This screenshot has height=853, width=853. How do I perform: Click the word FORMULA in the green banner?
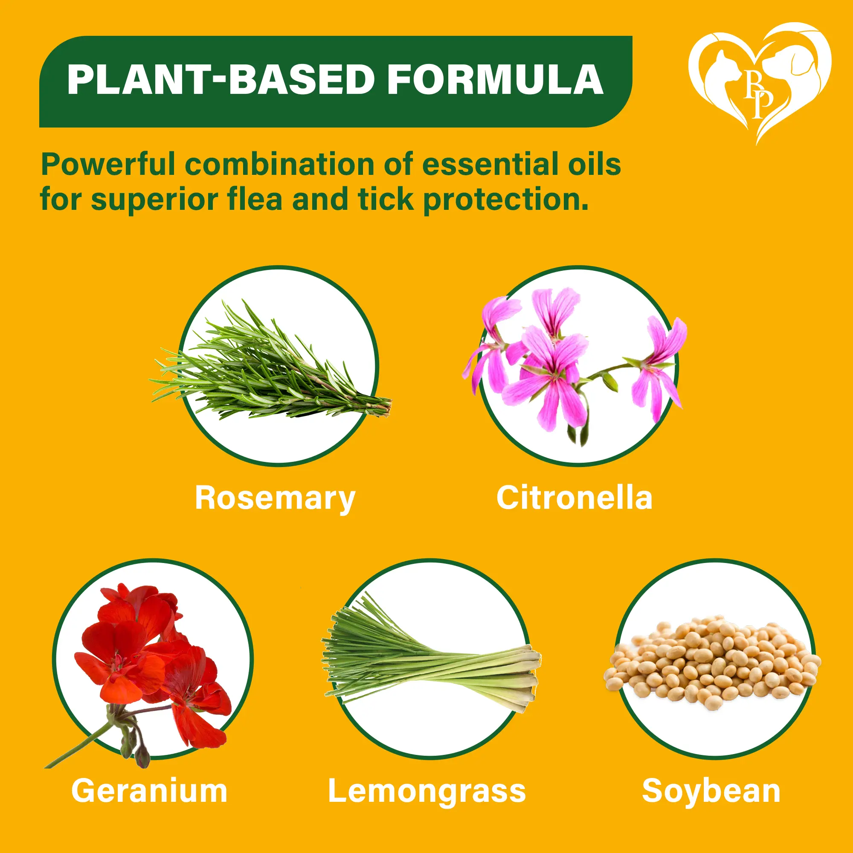pyautogui.click(x=495, y=79)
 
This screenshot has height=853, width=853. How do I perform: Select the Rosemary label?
pyautogui.click(x=275, y=499)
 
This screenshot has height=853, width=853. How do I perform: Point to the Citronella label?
pyautogui.click(x=574, y=498)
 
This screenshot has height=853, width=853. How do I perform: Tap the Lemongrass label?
pyautogui.click(x=427, y=792)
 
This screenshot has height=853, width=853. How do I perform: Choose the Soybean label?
pyautogui.click(x=711, y=792)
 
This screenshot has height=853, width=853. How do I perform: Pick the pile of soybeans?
pyautogui.click(x=712, y=663)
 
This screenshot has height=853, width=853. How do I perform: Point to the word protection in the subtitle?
pyautogui.click(x=506, y=200)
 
